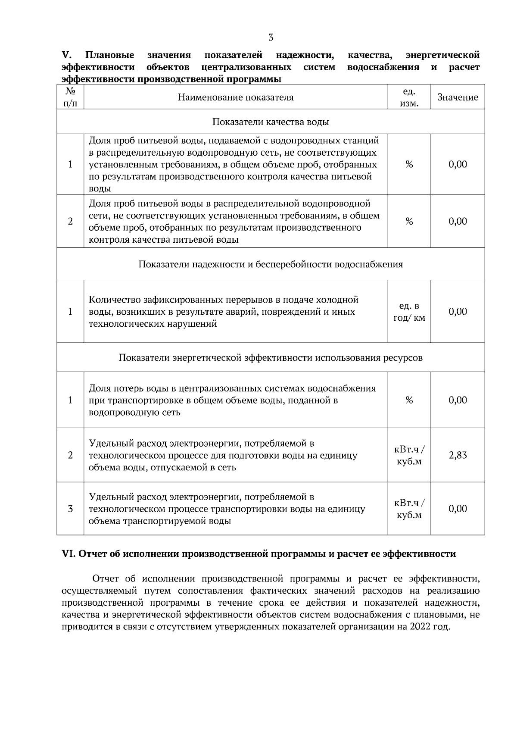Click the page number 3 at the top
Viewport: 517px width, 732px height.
(x=271, y=38)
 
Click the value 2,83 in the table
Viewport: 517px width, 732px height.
(x=458, y=455)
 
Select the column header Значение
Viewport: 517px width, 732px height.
(x=458, y=97)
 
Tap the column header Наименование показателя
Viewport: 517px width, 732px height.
(x=236, y=97)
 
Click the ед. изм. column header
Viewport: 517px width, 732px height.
(x=409, y=97)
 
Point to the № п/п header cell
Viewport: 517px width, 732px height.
(x=70, y=97)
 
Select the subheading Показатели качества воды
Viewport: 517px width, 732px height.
(x=271, y=122)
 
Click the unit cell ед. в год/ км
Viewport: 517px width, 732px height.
(x=409, y=312)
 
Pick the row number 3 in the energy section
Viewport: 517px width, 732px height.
(x=70, y=509)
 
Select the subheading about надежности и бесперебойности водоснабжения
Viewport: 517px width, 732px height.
(x=271, y=264)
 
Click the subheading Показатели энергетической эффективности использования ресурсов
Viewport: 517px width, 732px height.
(x=271, y=358)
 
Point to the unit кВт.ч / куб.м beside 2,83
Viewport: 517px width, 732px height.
(x=409, y=455)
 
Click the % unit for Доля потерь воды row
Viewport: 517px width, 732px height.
(x=409, y=400)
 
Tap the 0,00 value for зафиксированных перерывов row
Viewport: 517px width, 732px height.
(x=458, y=312)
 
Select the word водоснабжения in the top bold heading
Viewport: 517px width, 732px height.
(x=383, y=67)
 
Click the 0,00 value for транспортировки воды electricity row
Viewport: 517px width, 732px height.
(x=458, y=509)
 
